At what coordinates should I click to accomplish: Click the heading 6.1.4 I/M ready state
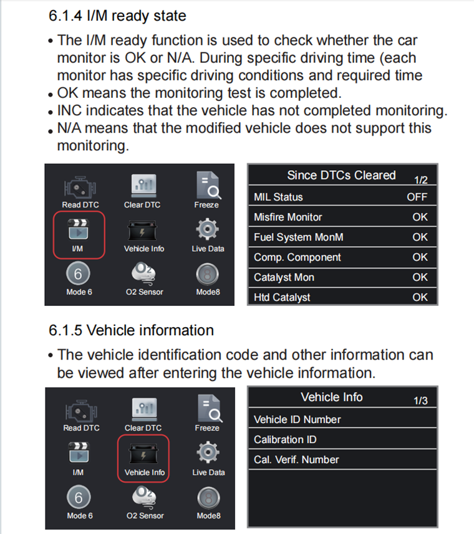pos(117,16)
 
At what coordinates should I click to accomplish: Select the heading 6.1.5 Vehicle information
pos(131,330)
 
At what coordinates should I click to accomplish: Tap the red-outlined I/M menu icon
pos(78,234)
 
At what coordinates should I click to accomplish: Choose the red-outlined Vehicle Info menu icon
pos(143,457)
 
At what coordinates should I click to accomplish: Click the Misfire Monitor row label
pos(288,217)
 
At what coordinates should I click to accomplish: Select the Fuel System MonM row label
pos(298,237)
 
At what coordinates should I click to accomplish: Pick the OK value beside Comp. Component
pos(420,257)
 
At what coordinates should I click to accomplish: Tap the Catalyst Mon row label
pos(284,277)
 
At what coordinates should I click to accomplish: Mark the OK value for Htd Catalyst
pos(420,297)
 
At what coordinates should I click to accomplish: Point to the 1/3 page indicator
pos(420,401)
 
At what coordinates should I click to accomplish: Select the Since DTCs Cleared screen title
pos(341,176)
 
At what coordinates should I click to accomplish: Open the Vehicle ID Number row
pos(297,419)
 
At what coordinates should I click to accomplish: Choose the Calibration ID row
pos(285,439)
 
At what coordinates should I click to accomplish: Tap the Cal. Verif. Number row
pos(296,459)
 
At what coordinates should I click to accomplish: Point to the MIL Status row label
pos(278,197)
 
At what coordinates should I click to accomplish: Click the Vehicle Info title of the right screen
pos(331,397)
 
